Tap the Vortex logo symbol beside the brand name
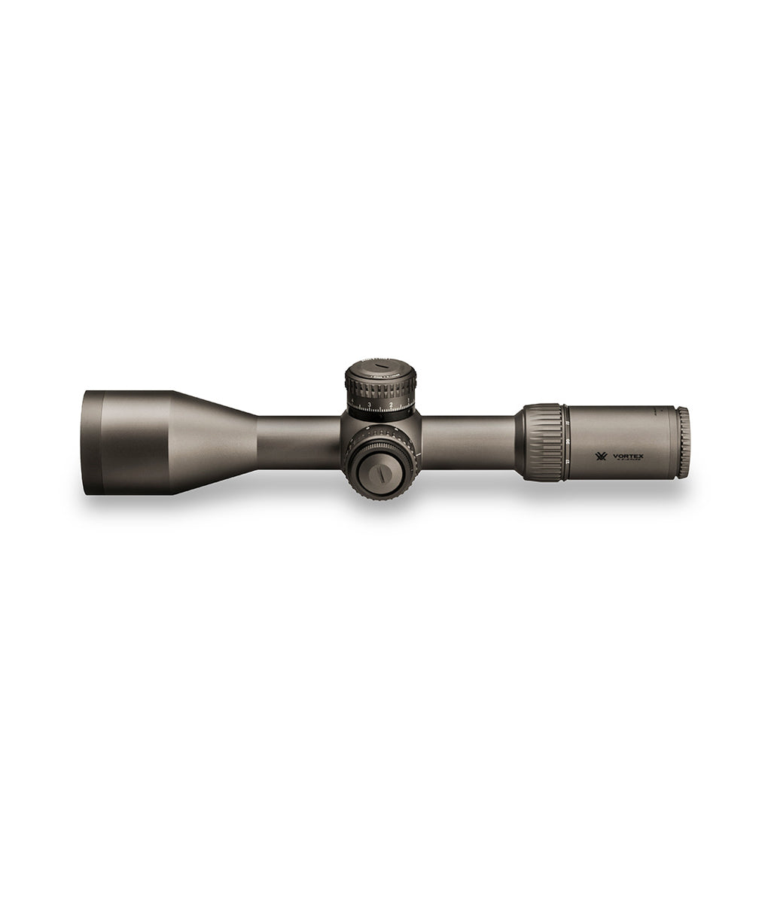click(x=602, y=457)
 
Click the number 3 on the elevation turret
click(x=369, y=405)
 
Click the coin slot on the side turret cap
click(x=382, y=475)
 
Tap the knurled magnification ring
click(x=541, y=441)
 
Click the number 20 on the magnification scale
click(x=566, y=441)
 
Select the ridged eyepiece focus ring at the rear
click(x=682, y=443)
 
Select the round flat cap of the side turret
click(x=382, y=475)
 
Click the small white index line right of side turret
click(x=419, y=455)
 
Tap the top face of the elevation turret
click(x=380, y=369)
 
